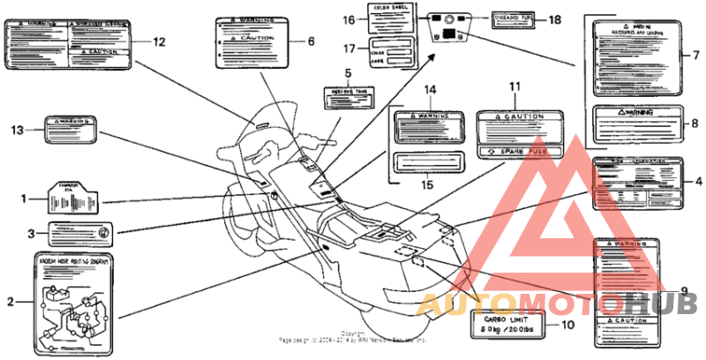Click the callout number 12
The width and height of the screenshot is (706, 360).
[x=159, y=41]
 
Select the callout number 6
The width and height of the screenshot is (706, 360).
[x=310, y=41]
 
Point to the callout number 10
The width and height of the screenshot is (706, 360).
[x=567, y=324]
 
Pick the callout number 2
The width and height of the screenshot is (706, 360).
[x=11, y=302]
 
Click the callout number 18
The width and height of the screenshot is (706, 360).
[x=553, y=19]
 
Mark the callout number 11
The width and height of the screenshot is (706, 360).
[x=515, y=86]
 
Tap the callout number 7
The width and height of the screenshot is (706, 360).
[x=695, y=56]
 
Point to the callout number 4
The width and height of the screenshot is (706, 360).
[x=698, y=181]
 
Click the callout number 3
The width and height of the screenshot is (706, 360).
[x=30, y=234]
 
